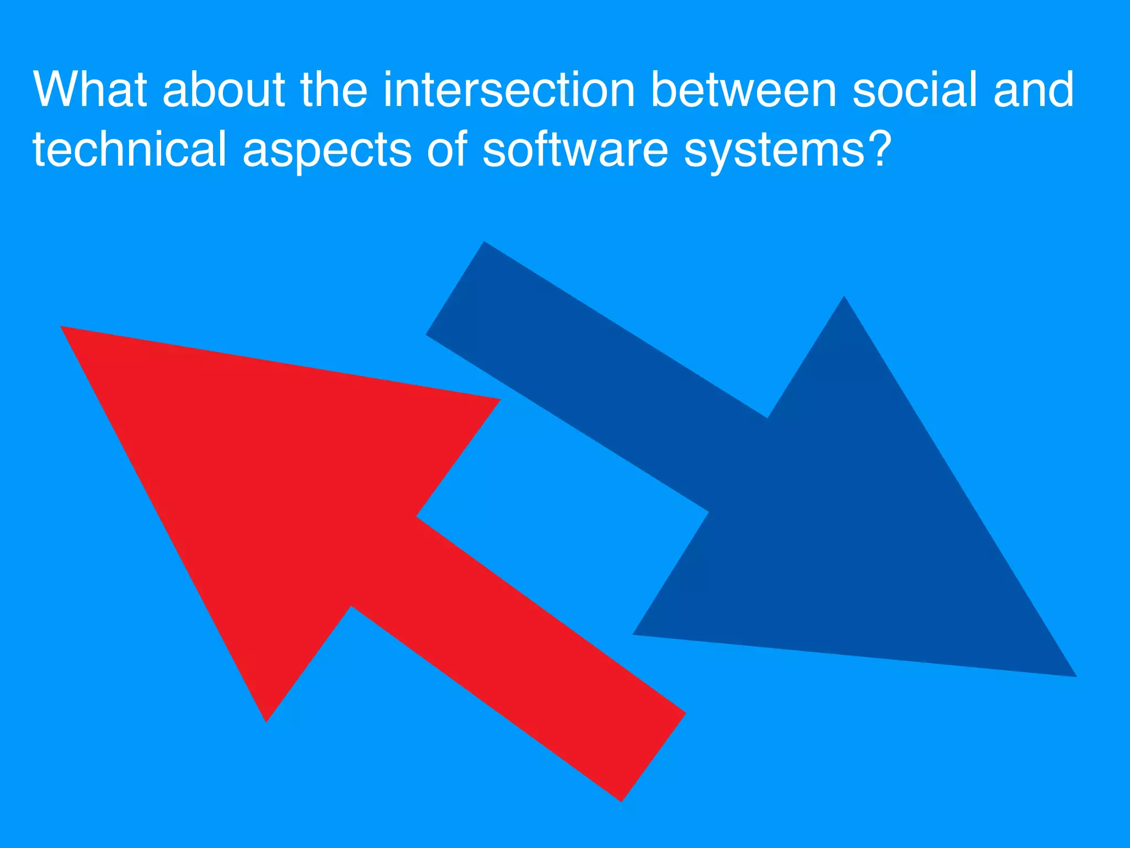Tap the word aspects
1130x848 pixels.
(x=327, y=151)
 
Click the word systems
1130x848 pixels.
(x=774, y=151)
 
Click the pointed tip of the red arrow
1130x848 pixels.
(x=63, y=328)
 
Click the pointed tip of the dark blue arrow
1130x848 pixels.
(x=1073, y=675)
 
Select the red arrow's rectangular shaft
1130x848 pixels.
(x=519, y=657)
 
